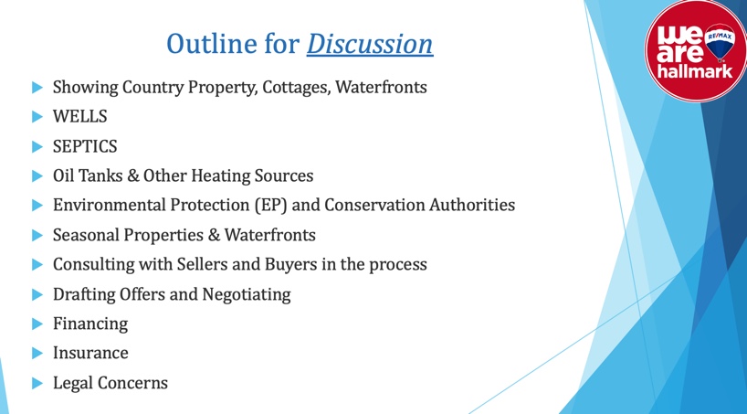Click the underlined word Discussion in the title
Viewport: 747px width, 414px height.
[x=370, y=44]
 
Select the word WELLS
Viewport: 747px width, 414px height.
[x=80, y=116]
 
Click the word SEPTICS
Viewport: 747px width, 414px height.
[x=85, y=146]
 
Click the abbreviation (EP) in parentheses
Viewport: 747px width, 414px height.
[x=270, y=205]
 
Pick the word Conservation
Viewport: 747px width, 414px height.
[x=374, y=205]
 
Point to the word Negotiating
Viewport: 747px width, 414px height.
[x=247, y=294]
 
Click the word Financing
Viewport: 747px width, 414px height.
[x=90, y=324]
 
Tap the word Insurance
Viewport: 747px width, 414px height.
[x=90, y=353]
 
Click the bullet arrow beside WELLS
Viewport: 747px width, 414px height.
[x=37, y=116]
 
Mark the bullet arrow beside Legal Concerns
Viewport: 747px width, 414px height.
[x=37, y=383]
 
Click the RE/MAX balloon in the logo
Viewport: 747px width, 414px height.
[x=720, y=42]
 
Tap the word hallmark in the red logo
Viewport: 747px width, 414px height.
[x=695, y=71]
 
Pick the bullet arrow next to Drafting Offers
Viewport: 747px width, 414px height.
[x=37, y=294]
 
